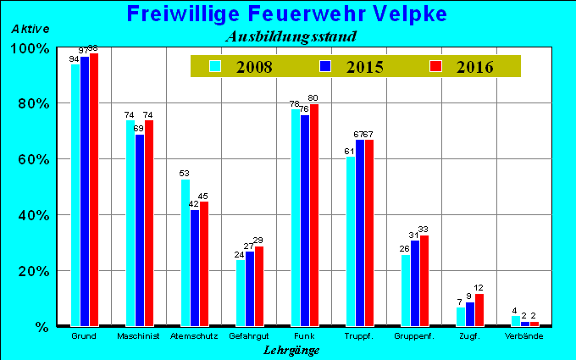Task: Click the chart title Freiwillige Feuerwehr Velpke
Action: click(286, 14)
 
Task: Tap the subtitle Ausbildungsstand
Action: click(291, 36)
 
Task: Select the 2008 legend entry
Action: click(241, 67)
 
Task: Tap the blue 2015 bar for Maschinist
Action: click(140, 230)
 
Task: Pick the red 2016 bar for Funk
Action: click(314, 215)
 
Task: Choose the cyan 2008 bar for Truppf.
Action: click(351, 241)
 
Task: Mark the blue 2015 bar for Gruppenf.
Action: click(415, 283)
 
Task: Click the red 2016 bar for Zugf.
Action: click(479, 309)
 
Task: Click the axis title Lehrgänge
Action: click(291, 349)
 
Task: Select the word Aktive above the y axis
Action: click(30, 29)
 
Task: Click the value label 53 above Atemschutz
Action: click(185, 174)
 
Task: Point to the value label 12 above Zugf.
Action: click(479, 288)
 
